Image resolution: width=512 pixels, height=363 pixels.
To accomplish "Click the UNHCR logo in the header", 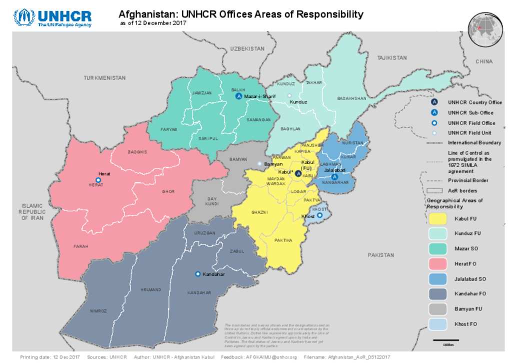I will coord(52,17).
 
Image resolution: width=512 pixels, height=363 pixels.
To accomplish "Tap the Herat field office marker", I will coord(98,179).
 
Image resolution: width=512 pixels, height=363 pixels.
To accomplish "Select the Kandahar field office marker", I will coord(198,274).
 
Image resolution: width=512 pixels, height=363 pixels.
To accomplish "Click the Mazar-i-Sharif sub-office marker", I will coord(238,96).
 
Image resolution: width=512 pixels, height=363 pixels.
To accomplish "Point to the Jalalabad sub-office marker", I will coord(334,176).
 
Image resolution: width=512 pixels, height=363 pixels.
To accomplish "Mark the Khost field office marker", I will coord(319,215).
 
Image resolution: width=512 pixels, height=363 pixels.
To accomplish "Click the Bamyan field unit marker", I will coord(259,163).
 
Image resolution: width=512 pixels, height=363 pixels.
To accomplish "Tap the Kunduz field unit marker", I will coord(289,95).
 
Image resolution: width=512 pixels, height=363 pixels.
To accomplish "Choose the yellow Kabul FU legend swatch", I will coord(437,218).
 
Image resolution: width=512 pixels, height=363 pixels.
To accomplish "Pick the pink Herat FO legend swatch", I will coord(437,263).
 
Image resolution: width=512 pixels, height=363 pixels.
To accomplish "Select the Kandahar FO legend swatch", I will coord(437,294).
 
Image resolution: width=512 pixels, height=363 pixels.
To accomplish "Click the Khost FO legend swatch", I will coord(437,324).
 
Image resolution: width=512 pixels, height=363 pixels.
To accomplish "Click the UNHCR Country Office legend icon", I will coord(434,102).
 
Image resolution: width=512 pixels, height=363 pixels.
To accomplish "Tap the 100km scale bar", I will coord(448,341).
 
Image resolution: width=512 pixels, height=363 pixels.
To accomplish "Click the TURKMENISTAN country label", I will coord(104,78).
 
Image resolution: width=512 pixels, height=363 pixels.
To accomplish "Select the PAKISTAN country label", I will coord(381,255).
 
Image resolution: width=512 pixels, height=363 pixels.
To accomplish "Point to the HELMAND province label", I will coord(151,289).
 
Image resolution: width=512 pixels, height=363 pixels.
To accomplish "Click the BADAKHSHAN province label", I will coord(351,98).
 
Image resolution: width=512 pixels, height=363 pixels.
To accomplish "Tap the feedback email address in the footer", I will coord(271,357).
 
